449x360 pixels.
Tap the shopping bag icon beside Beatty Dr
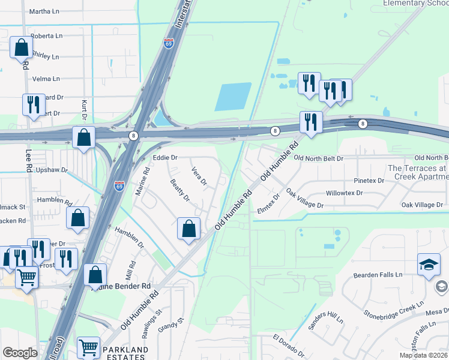click(x=188, y=229)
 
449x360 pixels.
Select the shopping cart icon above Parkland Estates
click(x=88, y=347)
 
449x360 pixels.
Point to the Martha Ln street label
click(x=44, y=11)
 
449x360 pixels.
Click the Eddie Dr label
click(x=165, y=158)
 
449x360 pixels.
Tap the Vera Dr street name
click(x=199, y=177)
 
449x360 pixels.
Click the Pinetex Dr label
click(x=369, y=181)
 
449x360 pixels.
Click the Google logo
click(x=20, y=353)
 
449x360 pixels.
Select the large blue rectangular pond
click(x=233, y=97)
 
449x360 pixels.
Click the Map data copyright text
click(x=423, y=355)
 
